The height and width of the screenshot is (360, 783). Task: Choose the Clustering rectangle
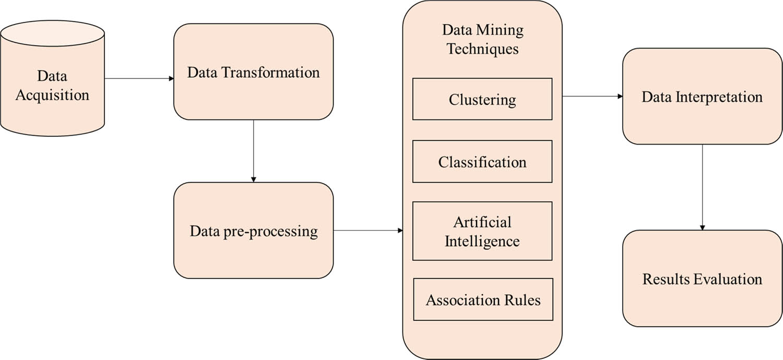click(482, 99)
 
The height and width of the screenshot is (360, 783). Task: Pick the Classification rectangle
click(482, 162)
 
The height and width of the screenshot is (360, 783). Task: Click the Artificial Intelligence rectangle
click(482, 231)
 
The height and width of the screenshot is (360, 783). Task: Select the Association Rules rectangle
click(483, 299)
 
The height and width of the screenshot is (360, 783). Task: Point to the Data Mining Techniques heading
click(482, 39)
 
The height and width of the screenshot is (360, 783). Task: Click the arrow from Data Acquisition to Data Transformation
click(139, 79)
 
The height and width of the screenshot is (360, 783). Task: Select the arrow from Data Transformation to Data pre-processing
click(254, 151)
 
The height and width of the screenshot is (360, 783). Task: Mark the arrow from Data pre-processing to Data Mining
click(368, 230)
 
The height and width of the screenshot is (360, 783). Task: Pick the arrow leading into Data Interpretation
click(592, 97)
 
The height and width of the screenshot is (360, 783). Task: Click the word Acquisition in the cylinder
click(52, 95)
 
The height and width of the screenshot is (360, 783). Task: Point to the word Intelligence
click(482, 241)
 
